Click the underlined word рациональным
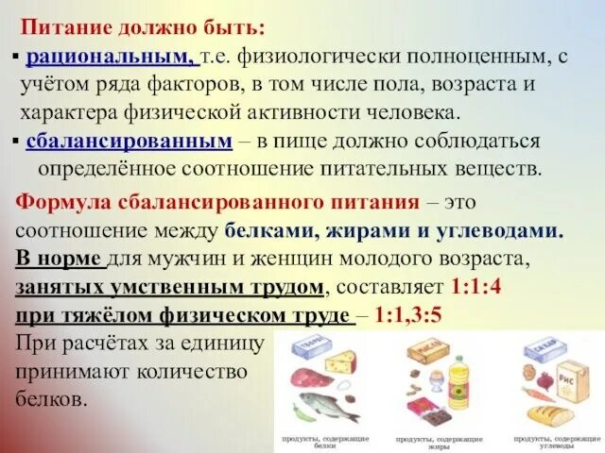112,58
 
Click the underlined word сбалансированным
130,142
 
